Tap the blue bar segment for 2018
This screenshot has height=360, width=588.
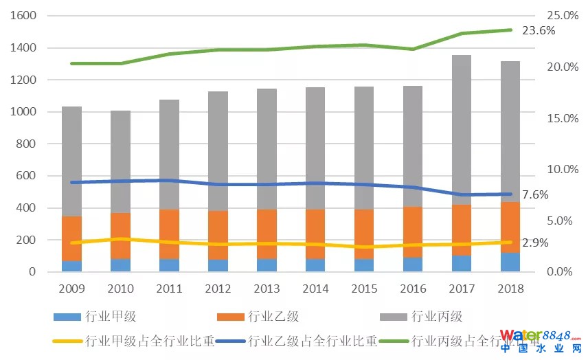510,262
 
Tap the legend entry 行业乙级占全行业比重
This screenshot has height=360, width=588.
313,340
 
